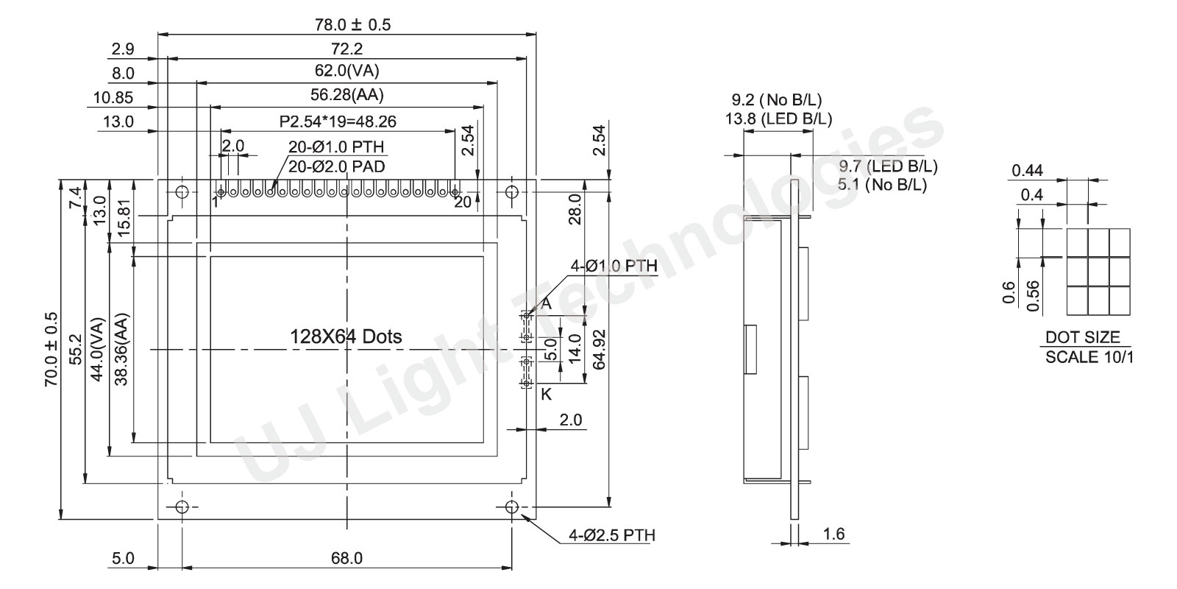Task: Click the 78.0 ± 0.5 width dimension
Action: [352, 25]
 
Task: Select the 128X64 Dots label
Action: [346, 336]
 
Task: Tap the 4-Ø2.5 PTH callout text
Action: [612, 535]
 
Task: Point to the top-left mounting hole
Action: [182, 192]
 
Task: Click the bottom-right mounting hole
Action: [512, 507]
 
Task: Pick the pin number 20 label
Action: [463, 202]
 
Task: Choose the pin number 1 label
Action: [215, 202]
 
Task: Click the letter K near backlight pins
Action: [547, 395]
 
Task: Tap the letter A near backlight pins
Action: [547, 303]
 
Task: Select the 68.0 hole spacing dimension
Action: [346, 558]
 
